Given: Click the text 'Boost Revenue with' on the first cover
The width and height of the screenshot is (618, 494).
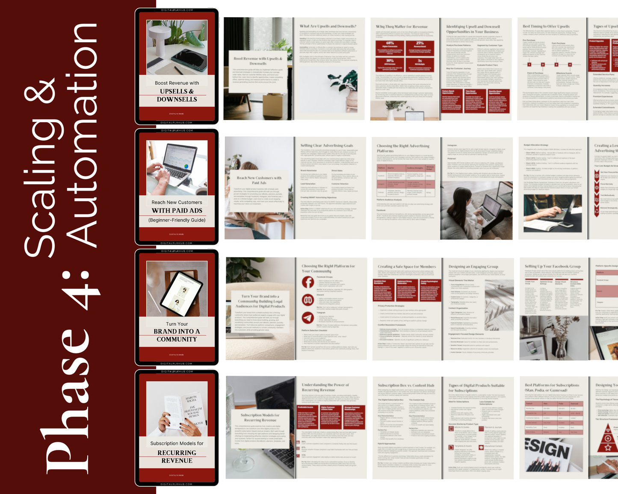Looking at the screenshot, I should (177, 83).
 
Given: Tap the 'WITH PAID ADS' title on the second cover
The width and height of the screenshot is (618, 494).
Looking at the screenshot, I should (177, 211).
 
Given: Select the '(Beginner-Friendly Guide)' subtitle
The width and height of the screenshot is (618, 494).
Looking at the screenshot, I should (177, 220).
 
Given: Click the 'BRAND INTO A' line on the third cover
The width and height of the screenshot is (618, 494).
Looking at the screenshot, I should (177, 332).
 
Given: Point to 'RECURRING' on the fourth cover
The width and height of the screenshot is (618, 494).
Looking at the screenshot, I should (177, 453).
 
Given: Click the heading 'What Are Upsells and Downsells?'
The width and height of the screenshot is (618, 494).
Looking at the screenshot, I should (328, 26).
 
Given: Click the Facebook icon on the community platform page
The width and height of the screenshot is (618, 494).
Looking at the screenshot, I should (308, 282).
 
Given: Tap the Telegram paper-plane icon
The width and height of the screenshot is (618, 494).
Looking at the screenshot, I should (308, 318).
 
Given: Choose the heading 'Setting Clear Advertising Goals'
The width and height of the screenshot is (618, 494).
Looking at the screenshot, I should (326, 146).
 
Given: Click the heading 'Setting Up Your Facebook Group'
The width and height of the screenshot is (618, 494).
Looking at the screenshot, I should (552, 266).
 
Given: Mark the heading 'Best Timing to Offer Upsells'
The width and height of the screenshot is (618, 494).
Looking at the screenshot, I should (546, 26).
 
